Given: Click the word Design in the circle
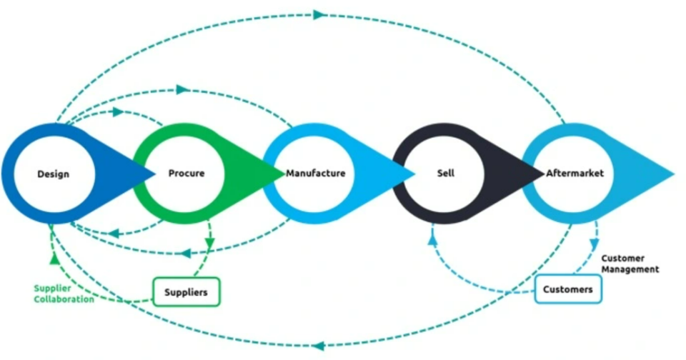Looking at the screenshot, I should pyautogui.click(x=53, y=174).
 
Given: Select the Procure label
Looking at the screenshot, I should pyautogui.click(x=187, y=173).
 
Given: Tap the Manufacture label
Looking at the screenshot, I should pyautogui.click(x=315, y=173).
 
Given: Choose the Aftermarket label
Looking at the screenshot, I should pyautogui.click(x=575, y=173).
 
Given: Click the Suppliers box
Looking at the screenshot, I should pyautogui.click(x=186, y=291).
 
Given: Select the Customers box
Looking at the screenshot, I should pyautogui.click(x=568, y=289).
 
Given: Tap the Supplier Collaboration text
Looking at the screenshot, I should pyautogui.click(x=64, y=294).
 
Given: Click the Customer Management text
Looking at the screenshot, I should pyautogui.click(x=630, y=264).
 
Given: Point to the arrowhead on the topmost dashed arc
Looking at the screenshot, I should pyautogui.click(x=319, y=14).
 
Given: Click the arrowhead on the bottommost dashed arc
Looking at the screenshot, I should pyautogui.click(x=317, y=346).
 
